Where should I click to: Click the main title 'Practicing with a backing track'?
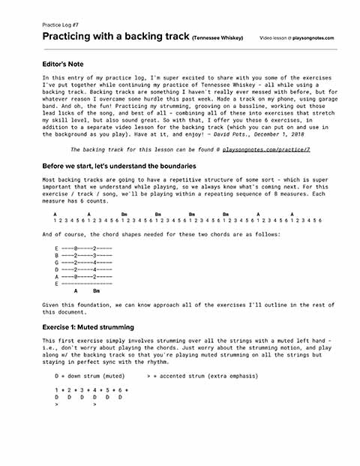click(115, 36)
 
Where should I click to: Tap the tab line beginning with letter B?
click(83, 255)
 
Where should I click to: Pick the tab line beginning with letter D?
click(83, 269)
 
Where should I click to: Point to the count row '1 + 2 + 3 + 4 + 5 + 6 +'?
click(91, 390)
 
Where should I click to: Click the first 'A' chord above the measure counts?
click(55, 214)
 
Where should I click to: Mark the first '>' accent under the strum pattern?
click(56, 404)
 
